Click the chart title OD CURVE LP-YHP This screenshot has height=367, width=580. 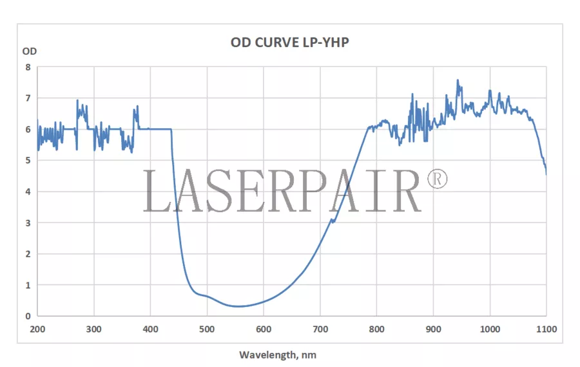click(x=290, y=43)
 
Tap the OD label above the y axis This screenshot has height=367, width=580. click(x=30, y=51)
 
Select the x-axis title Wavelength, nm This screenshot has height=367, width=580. click(x=278, y=355)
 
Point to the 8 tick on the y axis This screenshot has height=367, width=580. click(x=28, y=67)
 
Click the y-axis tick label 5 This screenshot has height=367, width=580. click(x=28, y=161)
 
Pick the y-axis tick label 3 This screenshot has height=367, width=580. click(x=28, y=223)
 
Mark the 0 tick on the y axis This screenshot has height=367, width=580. click(x=28, y=316)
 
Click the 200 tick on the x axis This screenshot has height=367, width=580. click(x=37, y=329)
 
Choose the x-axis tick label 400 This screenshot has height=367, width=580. click(x=150, y=329)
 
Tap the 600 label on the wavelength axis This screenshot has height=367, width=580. click(x=264, y=329)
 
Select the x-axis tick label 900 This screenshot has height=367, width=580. click(x=433, y=329)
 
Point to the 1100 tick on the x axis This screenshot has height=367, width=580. click(x=546, y=329)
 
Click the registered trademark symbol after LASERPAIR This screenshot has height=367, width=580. click(x=436, y=180)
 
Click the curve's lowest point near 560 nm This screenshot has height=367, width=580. click(x=239, y=306)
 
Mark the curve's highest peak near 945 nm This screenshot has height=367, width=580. click(x=458, y=81)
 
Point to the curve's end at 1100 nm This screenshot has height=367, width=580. click(x=546, y=174)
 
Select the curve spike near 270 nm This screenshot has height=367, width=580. click(x=77, y=101)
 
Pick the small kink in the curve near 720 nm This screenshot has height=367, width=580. click(x=333, y=221)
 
